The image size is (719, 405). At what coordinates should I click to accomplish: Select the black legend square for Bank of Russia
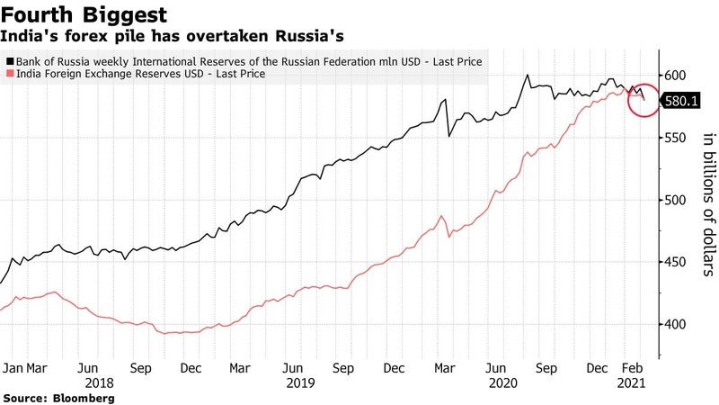click(10, 61)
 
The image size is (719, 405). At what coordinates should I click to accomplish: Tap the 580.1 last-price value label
click(679, 102)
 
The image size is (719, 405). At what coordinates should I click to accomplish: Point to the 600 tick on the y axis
click(675, 75)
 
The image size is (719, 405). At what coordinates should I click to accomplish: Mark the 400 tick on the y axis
click(675, 324)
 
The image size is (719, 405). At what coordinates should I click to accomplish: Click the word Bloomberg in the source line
click(85, 397)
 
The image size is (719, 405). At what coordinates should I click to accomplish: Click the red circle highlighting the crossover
click(644, 100)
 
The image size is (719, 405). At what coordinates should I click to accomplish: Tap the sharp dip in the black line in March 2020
click(449, 136)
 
